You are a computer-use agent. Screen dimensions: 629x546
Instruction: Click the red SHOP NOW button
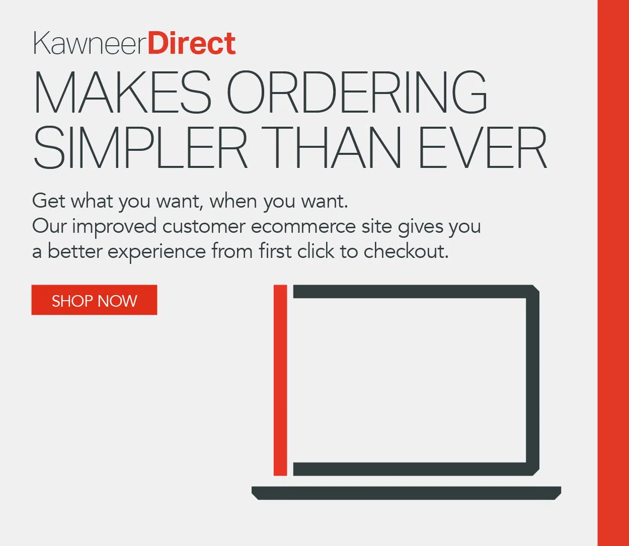(x=94, y=300)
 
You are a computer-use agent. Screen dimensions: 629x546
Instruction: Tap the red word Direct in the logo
(x=192, y=43)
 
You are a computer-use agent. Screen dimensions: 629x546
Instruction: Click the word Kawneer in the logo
(x=90, y=43)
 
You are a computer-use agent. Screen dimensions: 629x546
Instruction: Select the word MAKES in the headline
(x=122, y=92)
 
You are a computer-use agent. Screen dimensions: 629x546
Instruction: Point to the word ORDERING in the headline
(x=357, y=92)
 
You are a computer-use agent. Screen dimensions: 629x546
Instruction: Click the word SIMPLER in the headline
(x=140, y=147)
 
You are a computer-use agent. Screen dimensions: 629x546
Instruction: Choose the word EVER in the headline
(x=483, y=147)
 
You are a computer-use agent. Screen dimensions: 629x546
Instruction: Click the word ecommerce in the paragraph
(x=303, y=227)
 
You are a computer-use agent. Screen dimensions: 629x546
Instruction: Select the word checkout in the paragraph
(x=406, y=251)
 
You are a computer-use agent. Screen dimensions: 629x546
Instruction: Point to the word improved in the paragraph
(x=114, y=227)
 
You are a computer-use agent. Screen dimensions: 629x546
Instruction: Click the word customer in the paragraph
(x=204, y=227)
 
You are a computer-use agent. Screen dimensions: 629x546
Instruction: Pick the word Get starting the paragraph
(x=49, y=201)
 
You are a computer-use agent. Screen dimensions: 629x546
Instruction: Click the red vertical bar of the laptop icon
(x=280, y=380)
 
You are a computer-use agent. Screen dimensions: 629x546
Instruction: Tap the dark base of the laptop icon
(x=407, y=493)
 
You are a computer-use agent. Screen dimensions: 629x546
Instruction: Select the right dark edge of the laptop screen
(x=532, y=380)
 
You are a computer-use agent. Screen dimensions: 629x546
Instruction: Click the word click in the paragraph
(x=316, y=251)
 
